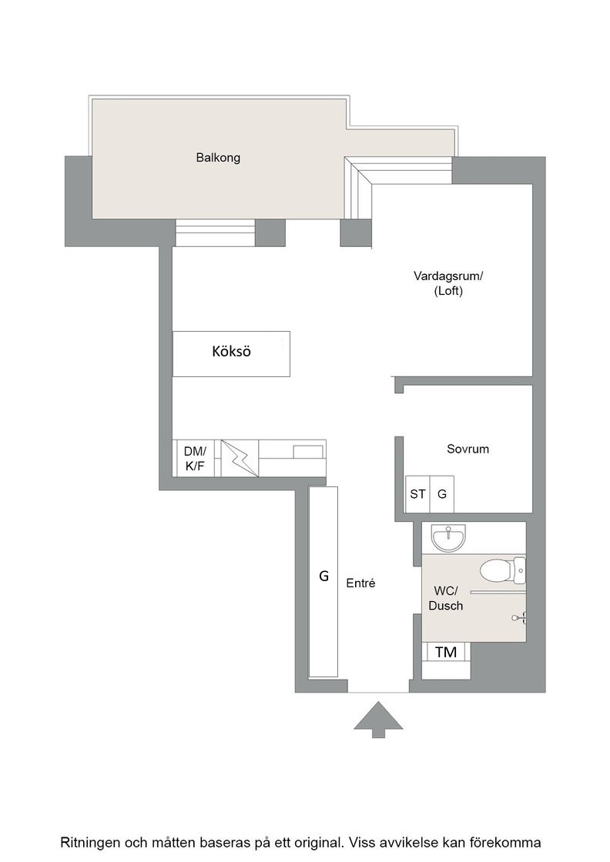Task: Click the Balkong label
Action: click(218, 158)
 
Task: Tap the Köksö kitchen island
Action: click(231, 353)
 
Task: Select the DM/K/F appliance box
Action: click(196, 458)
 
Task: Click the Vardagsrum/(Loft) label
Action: click(448, 282)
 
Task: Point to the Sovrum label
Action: click(468, 449)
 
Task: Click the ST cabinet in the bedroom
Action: click(417, 494)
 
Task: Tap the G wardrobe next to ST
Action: click(441, 494)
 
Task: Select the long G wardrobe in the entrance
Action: click(323, 582)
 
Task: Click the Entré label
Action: click(360, 583)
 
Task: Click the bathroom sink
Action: click(449, 537)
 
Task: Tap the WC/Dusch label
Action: click(445, 598)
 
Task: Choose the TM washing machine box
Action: click(446, 652)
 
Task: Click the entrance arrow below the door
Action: click(378, 719)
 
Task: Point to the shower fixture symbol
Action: click(520, 618)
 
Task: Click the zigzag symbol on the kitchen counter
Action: click(240, 458)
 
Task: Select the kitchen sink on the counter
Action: click(308, 452)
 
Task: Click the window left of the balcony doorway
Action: click(215, 233)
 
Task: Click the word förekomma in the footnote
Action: click(510, 842)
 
